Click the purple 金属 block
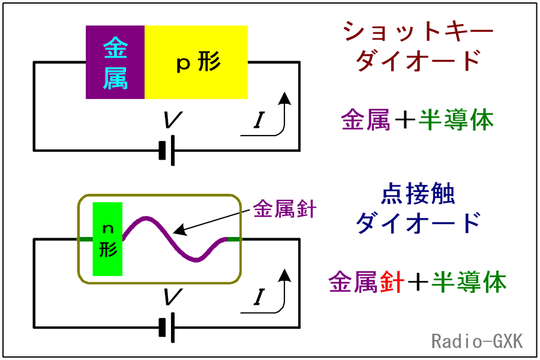(115, 62)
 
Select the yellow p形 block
(196, 62)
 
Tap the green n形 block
(107, 239)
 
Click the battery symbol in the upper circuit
(167, 151)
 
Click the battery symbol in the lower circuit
(167, 328)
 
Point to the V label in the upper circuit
(172, 119)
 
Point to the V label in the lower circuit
(172, 296)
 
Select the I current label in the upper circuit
(259, 120)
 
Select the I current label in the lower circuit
(259, 298)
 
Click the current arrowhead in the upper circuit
(284, 98)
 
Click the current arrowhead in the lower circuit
(284, 275)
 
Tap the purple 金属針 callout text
(284, 209)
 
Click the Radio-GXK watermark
(477, 341)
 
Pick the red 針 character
(392, 282)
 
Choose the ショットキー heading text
(418, 31)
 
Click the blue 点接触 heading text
(418, 194)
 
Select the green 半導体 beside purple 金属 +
(456, 120)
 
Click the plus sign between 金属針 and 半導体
(418, 283)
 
